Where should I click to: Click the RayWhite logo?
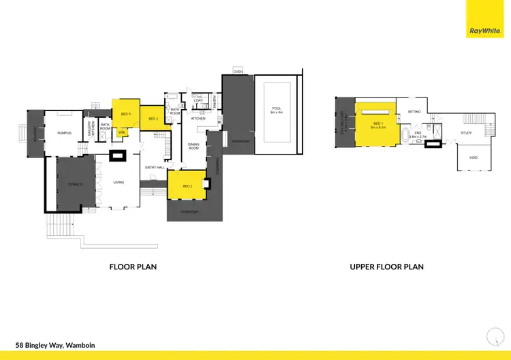pos(484,31)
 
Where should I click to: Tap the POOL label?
pos(276,108)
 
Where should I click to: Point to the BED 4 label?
pos(153,119)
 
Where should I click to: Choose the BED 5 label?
pos(125,114)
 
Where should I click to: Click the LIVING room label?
pos(119,181)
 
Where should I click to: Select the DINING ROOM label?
pos(193,146)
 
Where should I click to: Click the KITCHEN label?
pos(198,119)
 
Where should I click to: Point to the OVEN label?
pos(238,71)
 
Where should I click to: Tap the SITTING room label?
pos(414,111)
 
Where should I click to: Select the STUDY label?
pos(466,132)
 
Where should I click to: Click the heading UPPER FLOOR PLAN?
pos(386,267)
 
